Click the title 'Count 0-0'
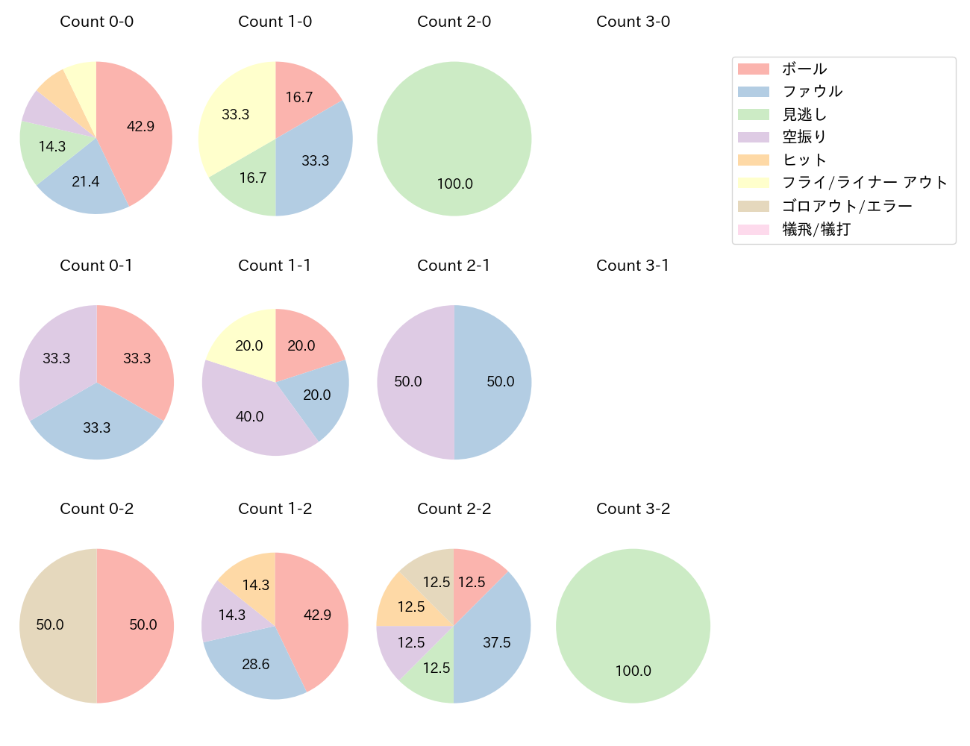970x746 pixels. point(97,22)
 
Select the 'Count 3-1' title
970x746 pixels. point(633,266)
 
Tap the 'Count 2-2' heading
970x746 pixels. point(454,509)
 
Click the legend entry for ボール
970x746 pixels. point(804,69)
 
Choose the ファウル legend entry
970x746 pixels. point(812,91)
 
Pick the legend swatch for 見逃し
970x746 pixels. point(753,114)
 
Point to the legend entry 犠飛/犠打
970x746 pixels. point(816,229)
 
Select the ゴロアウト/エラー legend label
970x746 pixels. point(847,206)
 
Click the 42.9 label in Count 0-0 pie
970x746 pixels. point(140,126)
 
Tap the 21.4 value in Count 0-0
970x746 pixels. point(86,181)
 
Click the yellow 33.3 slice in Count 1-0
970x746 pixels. point(235,114)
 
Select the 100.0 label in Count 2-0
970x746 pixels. point(454,184)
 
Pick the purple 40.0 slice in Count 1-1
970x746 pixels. point(249,416)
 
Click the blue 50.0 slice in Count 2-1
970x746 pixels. point(500,381)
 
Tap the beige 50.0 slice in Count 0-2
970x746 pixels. point(50,624)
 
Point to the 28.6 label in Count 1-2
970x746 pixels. point(256,664)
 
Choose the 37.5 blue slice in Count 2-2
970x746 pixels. point(496,642)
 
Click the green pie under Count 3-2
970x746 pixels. point(633,625)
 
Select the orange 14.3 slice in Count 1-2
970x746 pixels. point(256,585)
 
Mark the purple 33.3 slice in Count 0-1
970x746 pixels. point(57,358)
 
